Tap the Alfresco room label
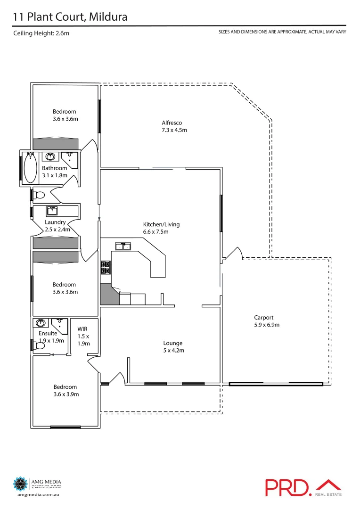click(x=172, y=123)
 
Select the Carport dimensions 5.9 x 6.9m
click(x=263, y=325)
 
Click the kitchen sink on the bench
click(x=123, y=246)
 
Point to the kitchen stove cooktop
click(x=105, y=268)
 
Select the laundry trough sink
click(x=52, y=211)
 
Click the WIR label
click(x=82, y=329)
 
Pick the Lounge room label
click(x=172, y=343)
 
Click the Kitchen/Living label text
click(x=161, y=224)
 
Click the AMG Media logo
click(x=37, y=486)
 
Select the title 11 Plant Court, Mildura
click(x=70, y=17)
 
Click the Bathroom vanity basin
click(x=51, y=156)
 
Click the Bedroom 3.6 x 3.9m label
click(x=65, y=391)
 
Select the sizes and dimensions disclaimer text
click(x=282, y=32)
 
